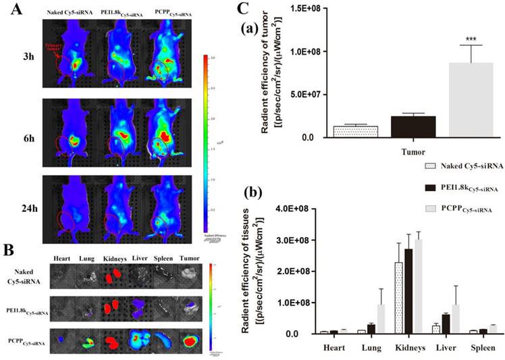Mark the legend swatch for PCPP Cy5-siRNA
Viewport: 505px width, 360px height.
427,210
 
